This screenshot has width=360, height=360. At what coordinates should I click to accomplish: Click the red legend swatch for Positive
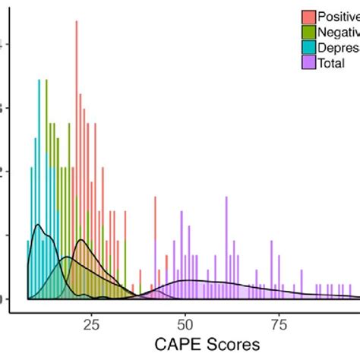tap(308, 16)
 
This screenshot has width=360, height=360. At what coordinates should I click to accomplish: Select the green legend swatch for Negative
tap(308, 32)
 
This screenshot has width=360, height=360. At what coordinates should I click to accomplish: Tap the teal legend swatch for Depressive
tap(308, 47)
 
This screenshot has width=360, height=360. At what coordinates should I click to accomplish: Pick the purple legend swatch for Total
tap(308, 63)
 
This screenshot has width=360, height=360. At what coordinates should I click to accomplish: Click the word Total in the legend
tap(335, 63)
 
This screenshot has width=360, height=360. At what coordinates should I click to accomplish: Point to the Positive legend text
tap(339, 16)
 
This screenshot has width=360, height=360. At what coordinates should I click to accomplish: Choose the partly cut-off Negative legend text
tap(339, 32)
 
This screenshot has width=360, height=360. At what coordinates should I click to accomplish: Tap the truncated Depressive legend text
tap(339, 47)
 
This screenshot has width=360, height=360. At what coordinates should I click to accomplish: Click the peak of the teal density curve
tap(39, 226)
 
